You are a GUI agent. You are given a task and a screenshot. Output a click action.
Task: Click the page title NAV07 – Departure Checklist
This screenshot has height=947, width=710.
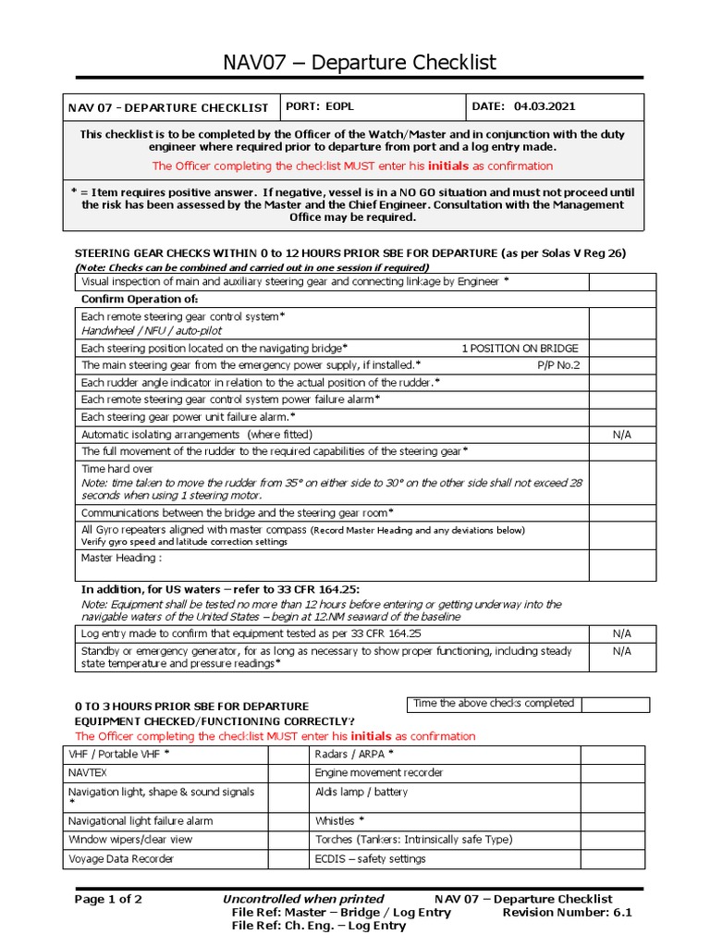click(x=360, y=62)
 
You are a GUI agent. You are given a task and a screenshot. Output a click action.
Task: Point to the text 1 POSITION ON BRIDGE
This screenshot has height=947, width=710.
click(x=520, y=348)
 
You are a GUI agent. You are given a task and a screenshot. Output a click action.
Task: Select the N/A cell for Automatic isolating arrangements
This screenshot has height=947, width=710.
click(x=622, y=434)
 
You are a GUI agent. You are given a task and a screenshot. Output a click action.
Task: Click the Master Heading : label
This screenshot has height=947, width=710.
click(x=122, y=558)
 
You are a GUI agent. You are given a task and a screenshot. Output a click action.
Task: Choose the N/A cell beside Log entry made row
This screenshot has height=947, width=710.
click(x=622, y=633)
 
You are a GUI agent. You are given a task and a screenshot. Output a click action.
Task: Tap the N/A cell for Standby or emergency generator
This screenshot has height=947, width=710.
click(x=622, y=651)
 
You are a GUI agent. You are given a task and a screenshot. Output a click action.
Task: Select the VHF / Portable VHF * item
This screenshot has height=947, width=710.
click(x=119, y=754)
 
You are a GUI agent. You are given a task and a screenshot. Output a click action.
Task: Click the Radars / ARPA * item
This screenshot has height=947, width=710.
click(x=348, y=754)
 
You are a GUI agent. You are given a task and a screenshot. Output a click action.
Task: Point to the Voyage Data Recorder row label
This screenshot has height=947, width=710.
click(x=121, y=858)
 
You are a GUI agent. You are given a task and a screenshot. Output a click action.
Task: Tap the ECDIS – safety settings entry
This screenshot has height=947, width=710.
click(x=370, y=858)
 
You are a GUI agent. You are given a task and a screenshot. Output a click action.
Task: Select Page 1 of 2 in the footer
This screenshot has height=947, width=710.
click(x=108, y=899)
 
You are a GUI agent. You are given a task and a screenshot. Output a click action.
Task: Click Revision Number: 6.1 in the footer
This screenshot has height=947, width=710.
click(x=567, y=912)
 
